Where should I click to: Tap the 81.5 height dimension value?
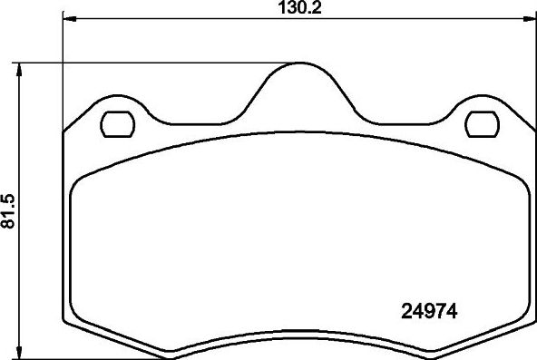click(9, 210)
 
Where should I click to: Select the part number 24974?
click(428, 311)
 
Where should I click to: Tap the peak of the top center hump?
click(298, 64)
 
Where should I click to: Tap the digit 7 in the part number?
click(439, 311)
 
